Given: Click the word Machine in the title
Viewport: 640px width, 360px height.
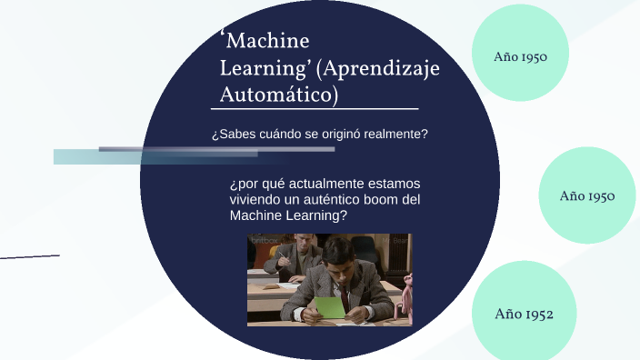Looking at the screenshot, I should (x=268, y=42).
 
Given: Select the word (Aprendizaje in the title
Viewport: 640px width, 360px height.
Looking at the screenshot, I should (x=381, y=68).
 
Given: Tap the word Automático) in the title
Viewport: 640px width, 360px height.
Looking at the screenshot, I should (x=280, y=94).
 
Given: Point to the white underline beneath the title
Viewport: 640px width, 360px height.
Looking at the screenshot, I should (x=318, y=109).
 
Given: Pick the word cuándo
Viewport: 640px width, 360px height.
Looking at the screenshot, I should (x=281, y=135).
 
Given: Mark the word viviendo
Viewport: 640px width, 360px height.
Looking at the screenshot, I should (x=257, y=200).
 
